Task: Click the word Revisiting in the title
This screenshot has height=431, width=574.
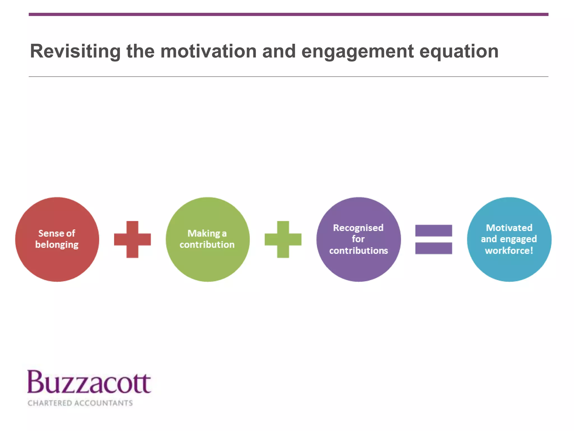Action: point(75,52)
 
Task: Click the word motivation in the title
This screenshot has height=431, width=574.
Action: point(208,52)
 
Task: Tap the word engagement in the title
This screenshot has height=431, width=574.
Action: point(358,52)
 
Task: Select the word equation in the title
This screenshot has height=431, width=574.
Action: point(459,52)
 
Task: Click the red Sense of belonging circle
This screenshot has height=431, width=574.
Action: point(57,264)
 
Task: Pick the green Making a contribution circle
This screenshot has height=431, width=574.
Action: point(208,264)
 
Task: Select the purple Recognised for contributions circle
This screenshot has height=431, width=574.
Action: point(358,267)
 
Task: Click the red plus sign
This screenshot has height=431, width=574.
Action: point(132,239)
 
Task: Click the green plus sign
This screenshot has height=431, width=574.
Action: point(283,239)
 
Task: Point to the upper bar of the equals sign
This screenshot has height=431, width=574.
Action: point(434,231)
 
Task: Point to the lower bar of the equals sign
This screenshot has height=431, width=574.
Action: point(434,248)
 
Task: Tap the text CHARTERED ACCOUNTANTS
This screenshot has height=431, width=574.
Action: point(80,403)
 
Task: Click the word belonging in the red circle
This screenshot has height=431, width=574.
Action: point(57,245)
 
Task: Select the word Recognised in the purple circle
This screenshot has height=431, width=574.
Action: point(358,228)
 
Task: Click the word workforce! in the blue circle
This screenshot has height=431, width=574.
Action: point(509,250)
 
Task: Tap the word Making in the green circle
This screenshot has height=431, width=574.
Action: point(203,233)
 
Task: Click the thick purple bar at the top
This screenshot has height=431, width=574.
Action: point(288,14)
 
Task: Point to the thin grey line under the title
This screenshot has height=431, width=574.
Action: point(288,77)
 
